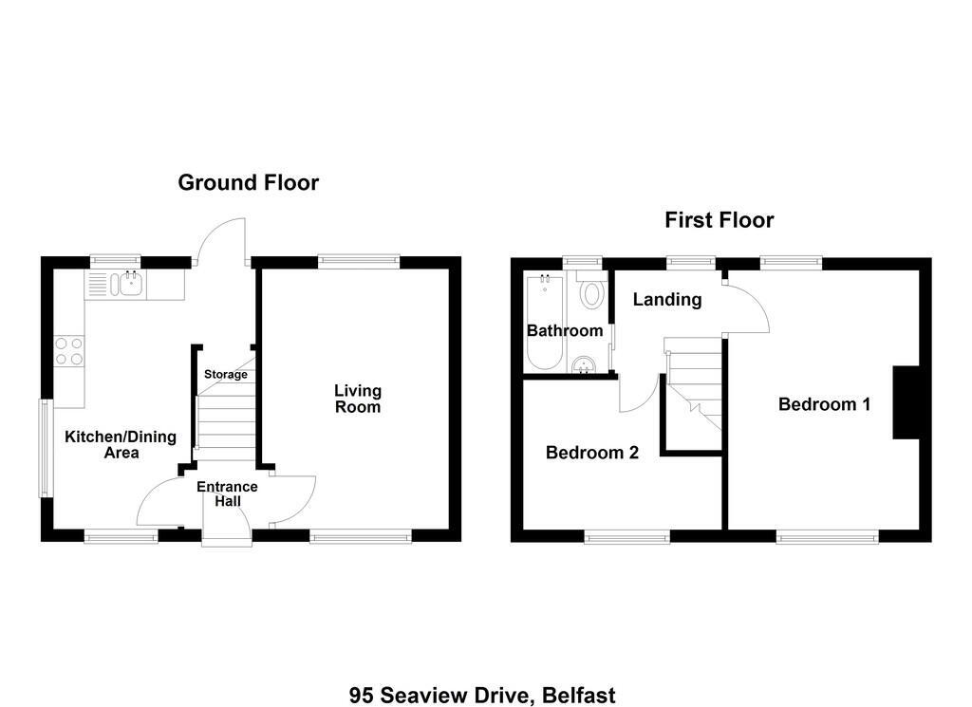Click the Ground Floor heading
click(x=248, y=183)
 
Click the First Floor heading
click(x=720, y=220)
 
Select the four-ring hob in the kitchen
click(x=68, y=351)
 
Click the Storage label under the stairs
click(x=226, y=374)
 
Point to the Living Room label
click(x=358, y=399)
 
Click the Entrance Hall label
click(x=227, y=493)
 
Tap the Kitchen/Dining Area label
click(x=121, y=444)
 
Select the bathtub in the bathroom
click(x=544, y=323)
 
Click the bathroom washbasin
click(x=584, y=365)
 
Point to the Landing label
click(x=667, y=300)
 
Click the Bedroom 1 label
click(x=825, y=404)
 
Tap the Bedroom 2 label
click(x=592, y=453)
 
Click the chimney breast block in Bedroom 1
click(x=906, y=402)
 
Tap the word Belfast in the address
click(x=578, y=696)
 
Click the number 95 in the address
click(x=362, y=696)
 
